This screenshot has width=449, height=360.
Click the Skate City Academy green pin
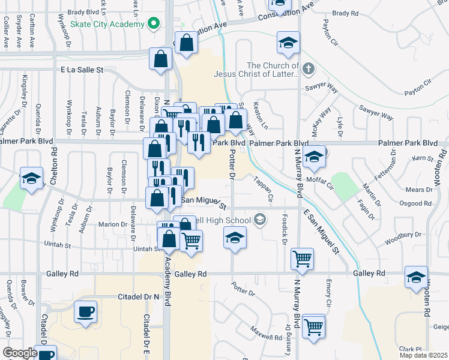click(154, 24)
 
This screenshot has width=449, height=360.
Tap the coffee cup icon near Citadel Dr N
click(85, 312)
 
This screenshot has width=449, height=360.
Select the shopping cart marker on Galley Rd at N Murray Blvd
click(302, 259)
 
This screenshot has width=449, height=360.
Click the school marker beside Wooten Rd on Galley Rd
click(415, 277)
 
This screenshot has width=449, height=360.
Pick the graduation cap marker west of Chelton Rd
click(31, 178)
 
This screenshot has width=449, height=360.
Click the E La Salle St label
click(82, 70)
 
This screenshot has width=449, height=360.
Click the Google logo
click(19, 353)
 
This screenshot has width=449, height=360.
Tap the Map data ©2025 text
click(423, 356)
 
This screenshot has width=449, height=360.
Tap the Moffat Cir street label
click(319, 179)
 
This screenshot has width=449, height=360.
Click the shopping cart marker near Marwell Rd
click(314, 327)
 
